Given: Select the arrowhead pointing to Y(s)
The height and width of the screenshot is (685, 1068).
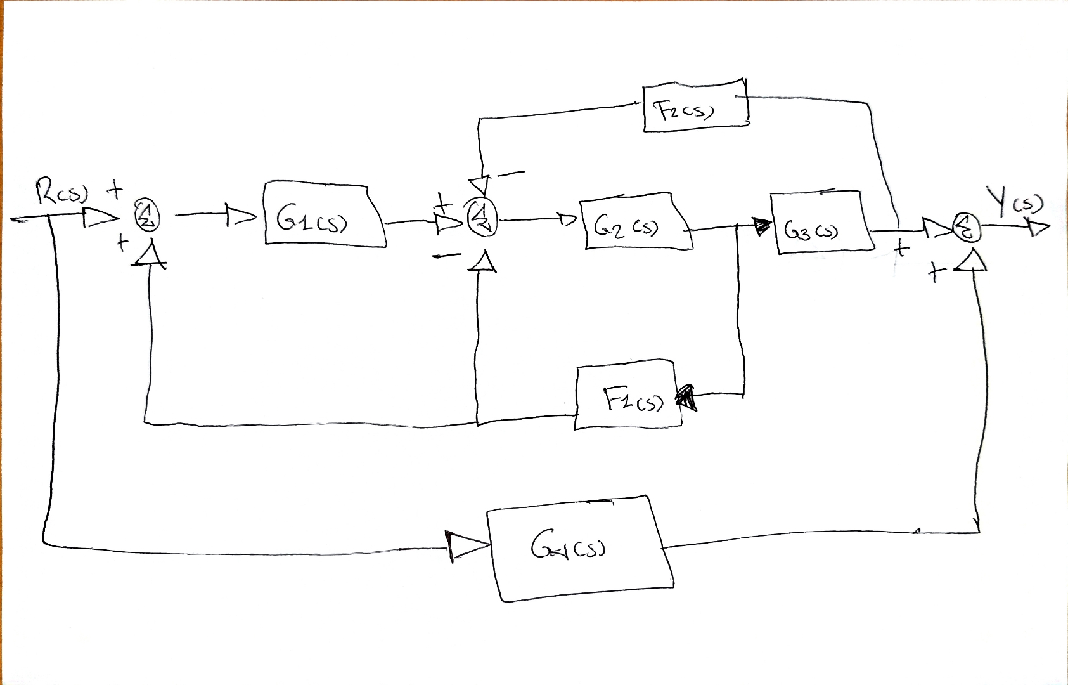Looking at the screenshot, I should (1038, 227).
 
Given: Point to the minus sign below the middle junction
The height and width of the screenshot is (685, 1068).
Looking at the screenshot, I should (447, 255).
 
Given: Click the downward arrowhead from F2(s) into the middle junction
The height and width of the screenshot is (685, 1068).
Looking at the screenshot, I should (480, 185).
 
